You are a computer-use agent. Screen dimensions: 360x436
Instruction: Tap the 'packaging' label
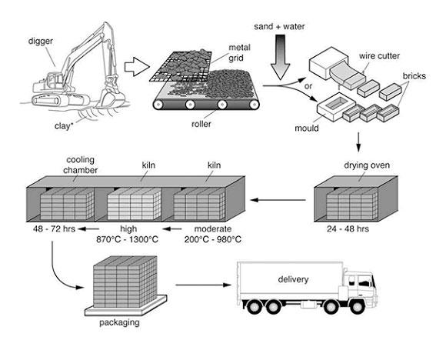click(119, 322)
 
